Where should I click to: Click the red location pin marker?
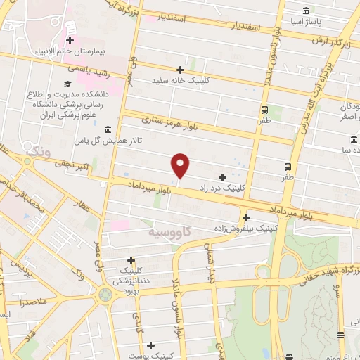tap(181, 165)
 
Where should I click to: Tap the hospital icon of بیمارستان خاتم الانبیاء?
tap(70, 41)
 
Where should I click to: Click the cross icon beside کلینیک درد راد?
tap(223, 177)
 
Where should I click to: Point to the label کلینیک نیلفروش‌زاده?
tap(246, 229)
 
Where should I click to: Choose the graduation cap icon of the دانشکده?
tap(76, 84)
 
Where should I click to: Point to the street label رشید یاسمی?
tap(85, 68)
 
